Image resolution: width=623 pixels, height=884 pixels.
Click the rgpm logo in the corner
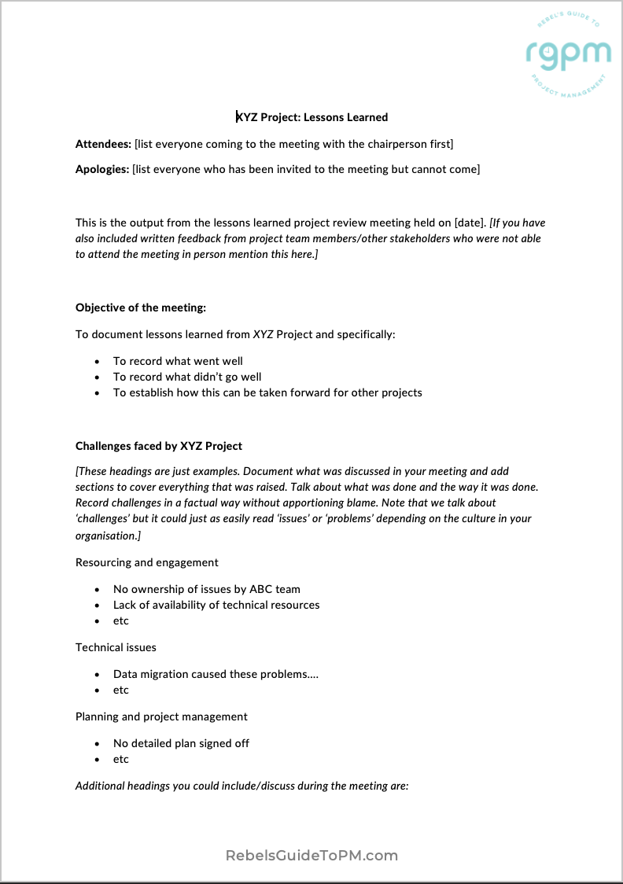(568, 53)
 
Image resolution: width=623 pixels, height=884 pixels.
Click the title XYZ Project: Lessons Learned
(312, 117)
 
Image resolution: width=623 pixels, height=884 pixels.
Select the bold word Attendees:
(103, 144)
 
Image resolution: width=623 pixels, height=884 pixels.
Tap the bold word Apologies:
(102, 169)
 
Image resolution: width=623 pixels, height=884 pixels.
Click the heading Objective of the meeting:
(141, 308)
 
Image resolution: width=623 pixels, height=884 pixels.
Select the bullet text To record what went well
(178, 361)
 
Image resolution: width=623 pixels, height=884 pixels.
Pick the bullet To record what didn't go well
(187, 377)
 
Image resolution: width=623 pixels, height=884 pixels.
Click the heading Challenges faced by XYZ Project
(159, 446)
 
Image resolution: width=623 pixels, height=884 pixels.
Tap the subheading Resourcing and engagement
(147, 562)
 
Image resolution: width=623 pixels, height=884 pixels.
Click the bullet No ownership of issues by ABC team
(206, 589)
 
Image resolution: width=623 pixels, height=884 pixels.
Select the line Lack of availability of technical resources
(216, 605)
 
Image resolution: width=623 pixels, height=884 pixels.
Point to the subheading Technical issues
(116, 647)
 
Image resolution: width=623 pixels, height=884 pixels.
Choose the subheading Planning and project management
(161, 716)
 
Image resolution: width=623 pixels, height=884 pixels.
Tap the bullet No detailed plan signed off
(181, 743)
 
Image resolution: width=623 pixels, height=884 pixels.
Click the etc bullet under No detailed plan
(120, 759)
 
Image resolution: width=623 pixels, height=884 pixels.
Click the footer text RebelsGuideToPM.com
(311, 855)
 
